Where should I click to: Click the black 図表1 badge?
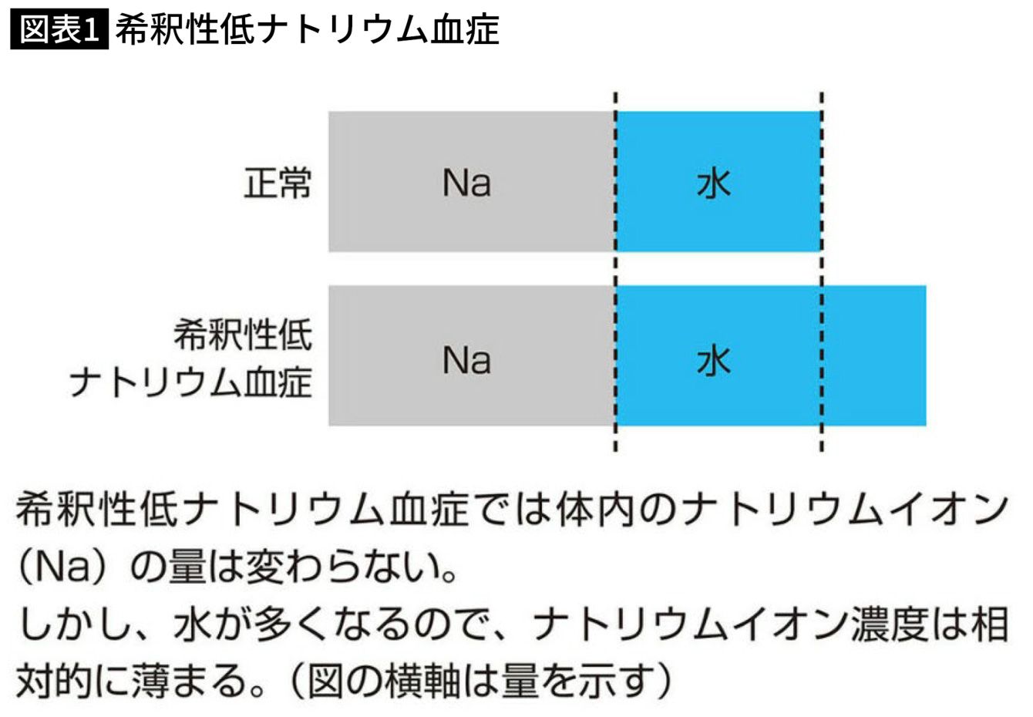[x=59, y=29]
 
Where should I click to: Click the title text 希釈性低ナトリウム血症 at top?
[x=308, y=29]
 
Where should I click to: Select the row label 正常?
[x=278, y=183]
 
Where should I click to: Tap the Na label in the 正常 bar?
[x=466, y=183]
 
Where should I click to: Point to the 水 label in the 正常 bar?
[x=713, y=183]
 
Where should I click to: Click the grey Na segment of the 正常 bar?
[x=472, y=182]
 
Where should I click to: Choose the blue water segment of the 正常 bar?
[x=719, y=182]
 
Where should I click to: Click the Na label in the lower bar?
[x=466, y=360]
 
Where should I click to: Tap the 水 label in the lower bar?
[x=713, y=361]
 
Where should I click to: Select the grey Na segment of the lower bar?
[x=472, y=355]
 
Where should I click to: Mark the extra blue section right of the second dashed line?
[x=874, y=355]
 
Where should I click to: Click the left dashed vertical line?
[x=616, y=272]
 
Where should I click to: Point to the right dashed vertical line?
[x=822, y=272]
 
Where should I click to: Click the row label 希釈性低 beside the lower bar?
[x=243, y=335]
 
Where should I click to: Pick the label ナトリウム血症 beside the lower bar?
[x=191, y=382]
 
